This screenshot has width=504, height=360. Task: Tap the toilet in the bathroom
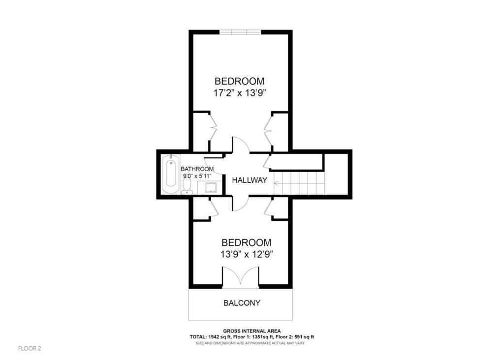187,185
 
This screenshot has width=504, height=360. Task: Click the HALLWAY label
250,180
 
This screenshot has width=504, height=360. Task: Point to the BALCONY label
242,303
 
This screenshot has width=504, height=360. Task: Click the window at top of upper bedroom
240,32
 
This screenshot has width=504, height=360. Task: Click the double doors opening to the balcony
240,278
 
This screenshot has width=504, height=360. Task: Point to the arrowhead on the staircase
276,183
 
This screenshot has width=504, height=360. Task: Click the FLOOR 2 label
30,349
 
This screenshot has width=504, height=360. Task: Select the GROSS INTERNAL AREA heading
252,331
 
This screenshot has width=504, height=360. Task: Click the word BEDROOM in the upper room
239,81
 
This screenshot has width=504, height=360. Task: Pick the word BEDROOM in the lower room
246,242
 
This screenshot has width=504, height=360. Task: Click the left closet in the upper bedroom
201,132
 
